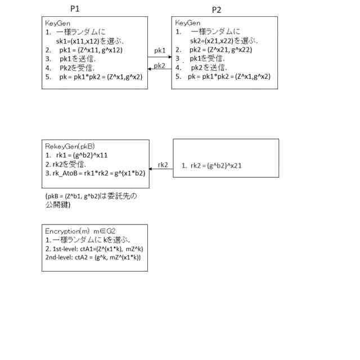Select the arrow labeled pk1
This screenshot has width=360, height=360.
[160, 57]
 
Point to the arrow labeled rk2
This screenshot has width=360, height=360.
[161, 169]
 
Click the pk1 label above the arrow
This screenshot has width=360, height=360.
[160, 51]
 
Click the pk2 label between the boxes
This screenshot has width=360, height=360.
[160, 65]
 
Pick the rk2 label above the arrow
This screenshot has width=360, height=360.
[163, 164]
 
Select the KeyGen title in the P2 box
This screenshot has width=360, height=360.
[188, 22]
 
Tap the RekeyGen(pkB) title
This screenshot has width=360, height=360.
[70, 146]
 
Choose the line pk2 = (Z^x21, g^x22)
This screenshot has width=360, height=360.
[220, 49]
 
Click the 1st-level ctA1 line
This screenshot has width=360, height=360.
[89, 248]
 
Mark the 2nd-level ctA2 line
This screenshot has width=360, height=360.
[92, 257]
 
